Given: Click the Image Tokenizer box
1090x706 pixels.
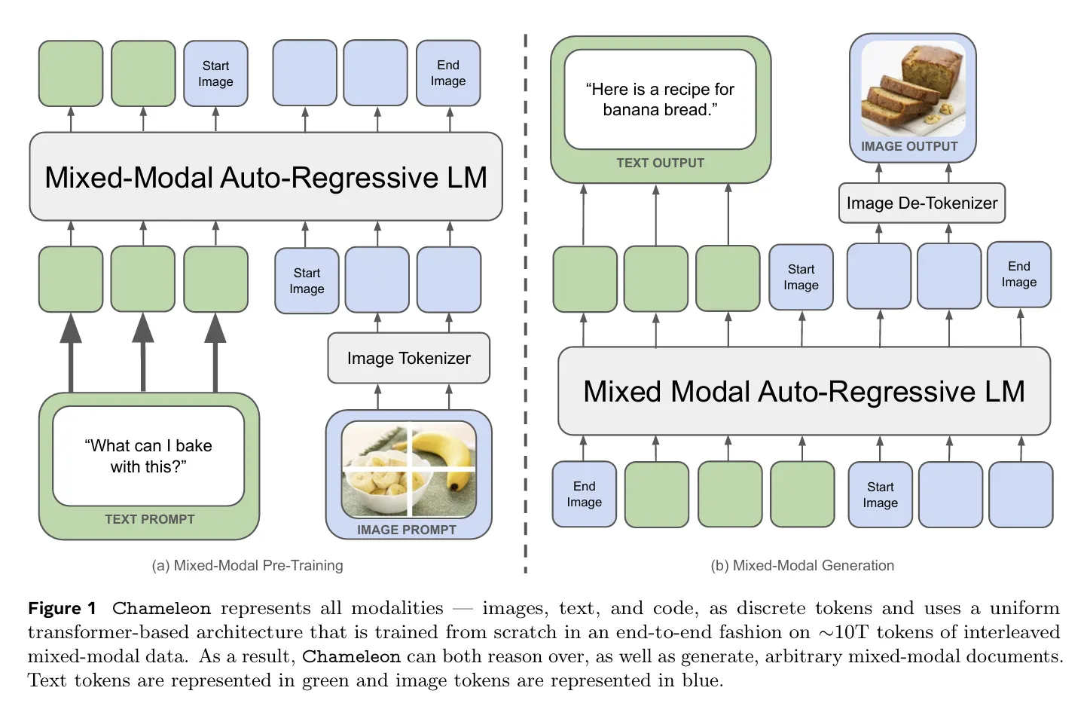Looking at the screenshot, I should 408,359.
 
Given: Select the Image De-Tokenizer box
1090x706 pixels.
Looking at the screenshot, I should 921,203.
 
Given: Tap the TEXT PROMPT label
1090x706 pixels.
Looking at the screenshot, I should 149,519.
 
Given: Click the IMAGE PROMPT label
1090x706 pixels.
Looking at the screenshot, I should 406,530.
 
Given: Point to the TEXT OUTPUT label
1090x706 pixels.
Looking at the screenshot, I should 660,163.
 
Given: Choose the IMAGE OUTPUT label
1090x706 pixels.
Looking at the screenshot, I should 909,146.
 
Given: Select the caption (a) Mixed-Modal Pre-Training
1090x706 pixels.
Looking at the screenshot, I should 247,565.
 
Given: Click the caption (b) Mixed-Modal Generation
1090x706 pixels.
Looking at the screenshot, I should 802,565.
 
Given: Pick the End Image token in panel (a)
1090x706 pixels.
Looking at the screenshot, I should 448,73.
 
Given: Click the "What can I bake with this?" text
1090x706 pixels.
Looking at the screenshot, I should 148,456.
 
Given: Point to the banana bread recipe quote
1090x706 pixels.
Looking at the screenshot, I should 660,99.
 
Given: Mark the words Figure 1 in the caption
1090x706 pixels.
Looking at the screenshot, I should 62,608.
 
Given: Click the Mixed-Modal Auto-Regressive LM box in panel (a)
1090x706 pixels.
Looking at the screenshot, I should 265,177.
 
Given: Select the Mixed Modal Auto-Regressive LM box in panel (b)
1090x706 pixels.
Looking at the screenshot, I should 804,391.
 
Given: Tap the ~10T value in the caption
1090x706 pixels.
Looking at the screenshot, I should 843,632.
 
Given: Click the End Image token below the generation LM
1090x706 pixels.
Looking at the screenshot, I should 584,494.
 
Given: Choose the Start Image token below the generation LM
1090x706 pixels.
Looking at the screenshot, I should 880,495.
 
